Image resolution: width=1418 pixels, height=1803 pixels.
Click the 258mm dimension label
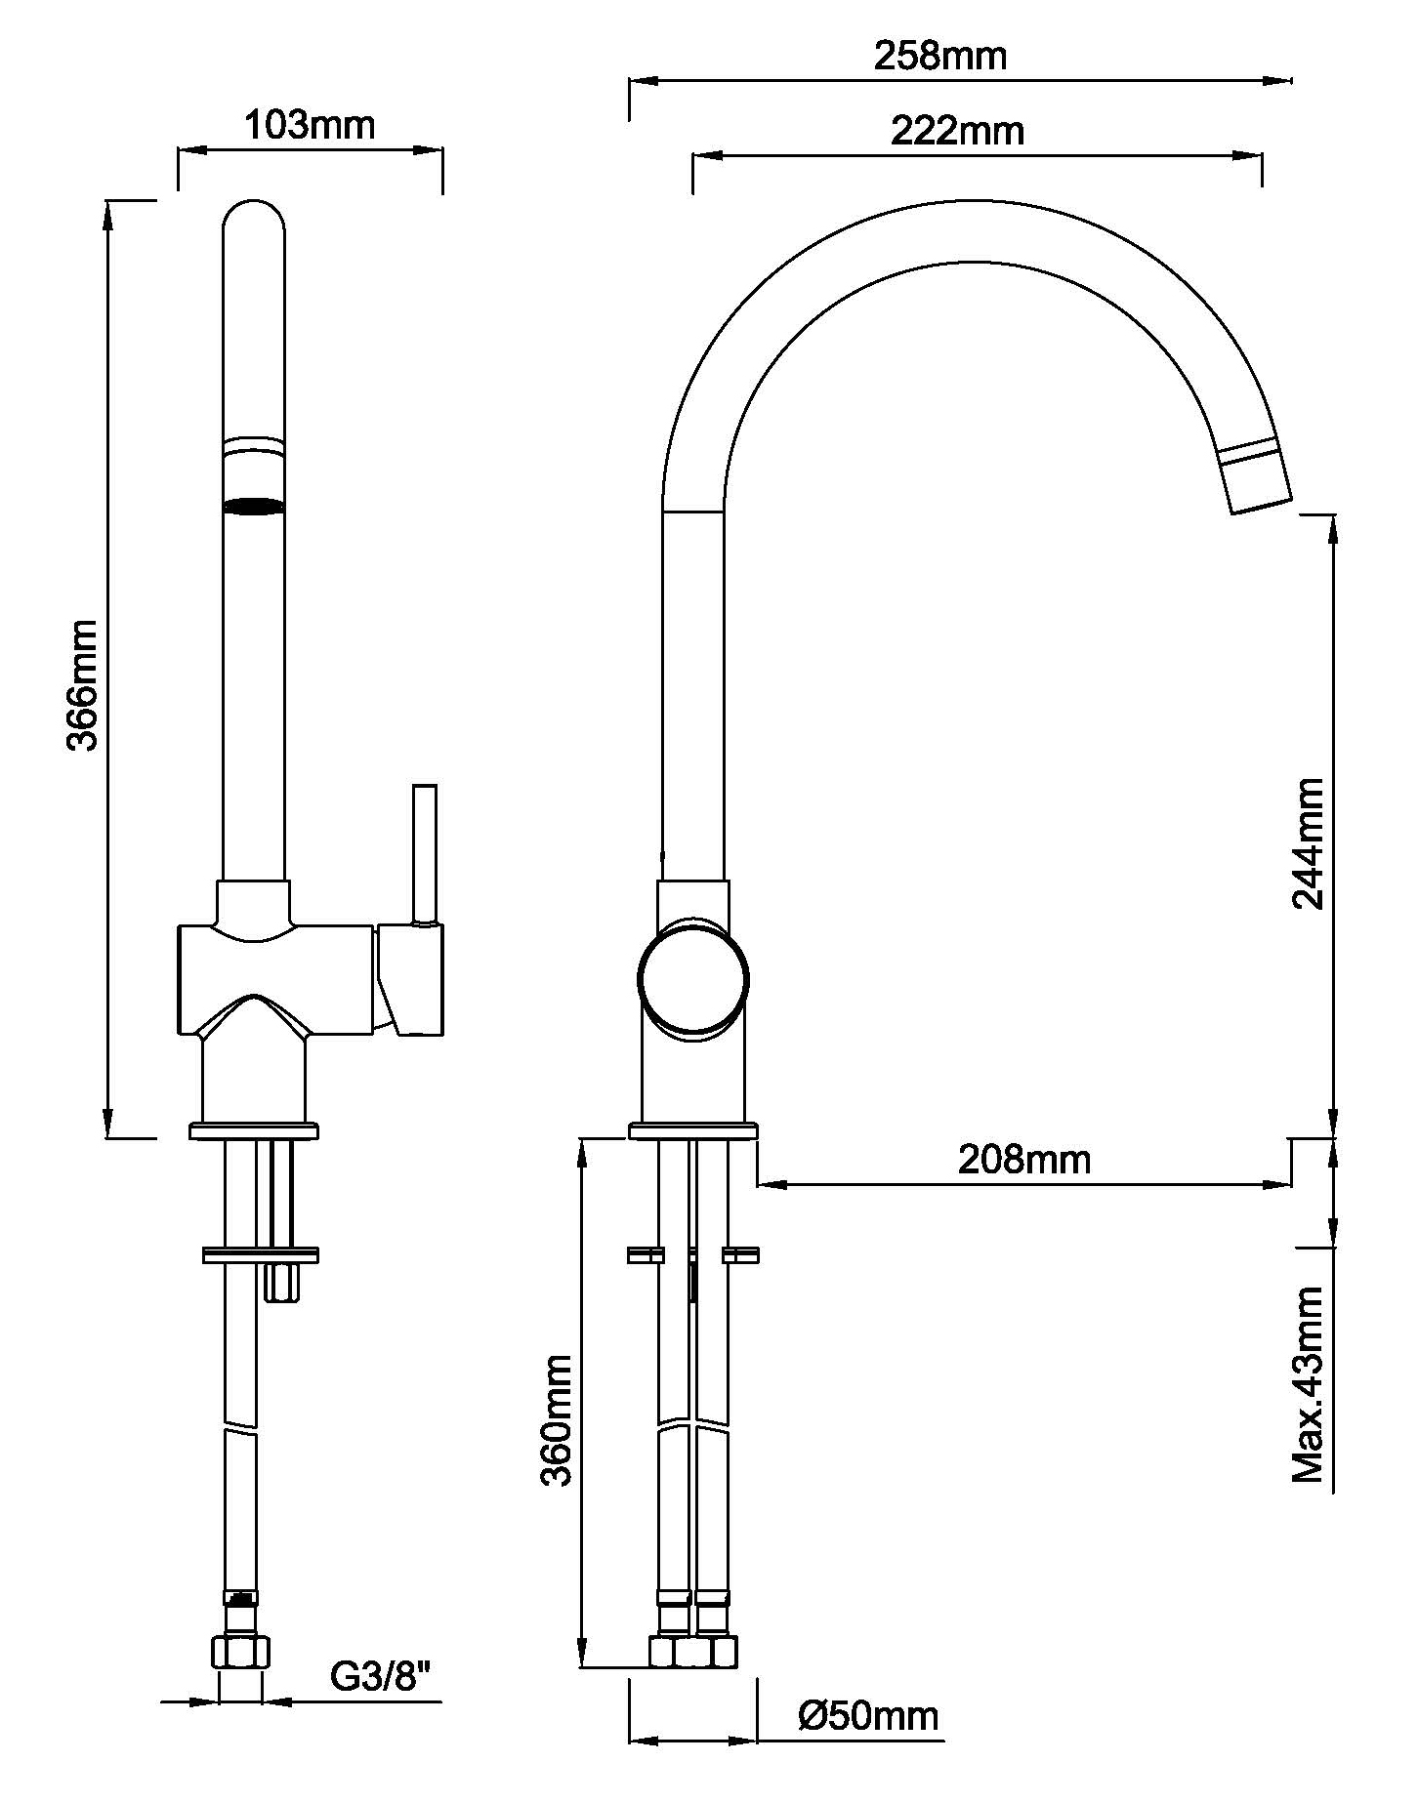point(939,56)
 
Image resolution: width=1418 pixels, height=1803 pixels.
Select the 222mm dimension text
point(957,131)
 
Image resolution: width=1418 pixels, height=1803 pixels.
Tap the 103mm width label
point(309,125)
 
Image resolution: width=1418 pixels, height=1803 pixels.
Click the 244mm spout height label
point(1308,845)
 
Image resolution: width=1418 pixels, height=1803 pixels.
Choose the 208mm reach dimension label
point(1023,1160)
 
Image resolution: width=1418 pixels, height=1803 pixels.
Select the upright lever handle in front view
point(425,853)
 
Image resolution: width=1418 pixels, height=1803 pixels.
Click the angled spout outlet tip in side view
point(1260,488)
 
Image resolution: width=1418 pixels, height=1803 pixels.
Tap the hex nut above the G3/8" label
point(240,1652)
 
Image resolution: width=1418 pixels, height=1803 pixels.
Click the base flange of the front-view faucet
point(254,1131)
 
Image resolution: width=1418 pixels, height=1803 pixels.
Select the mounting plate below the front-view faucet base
point(260,1254)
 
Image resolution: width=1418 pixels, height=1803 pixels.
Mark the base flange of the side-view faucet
point(692,1131)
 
